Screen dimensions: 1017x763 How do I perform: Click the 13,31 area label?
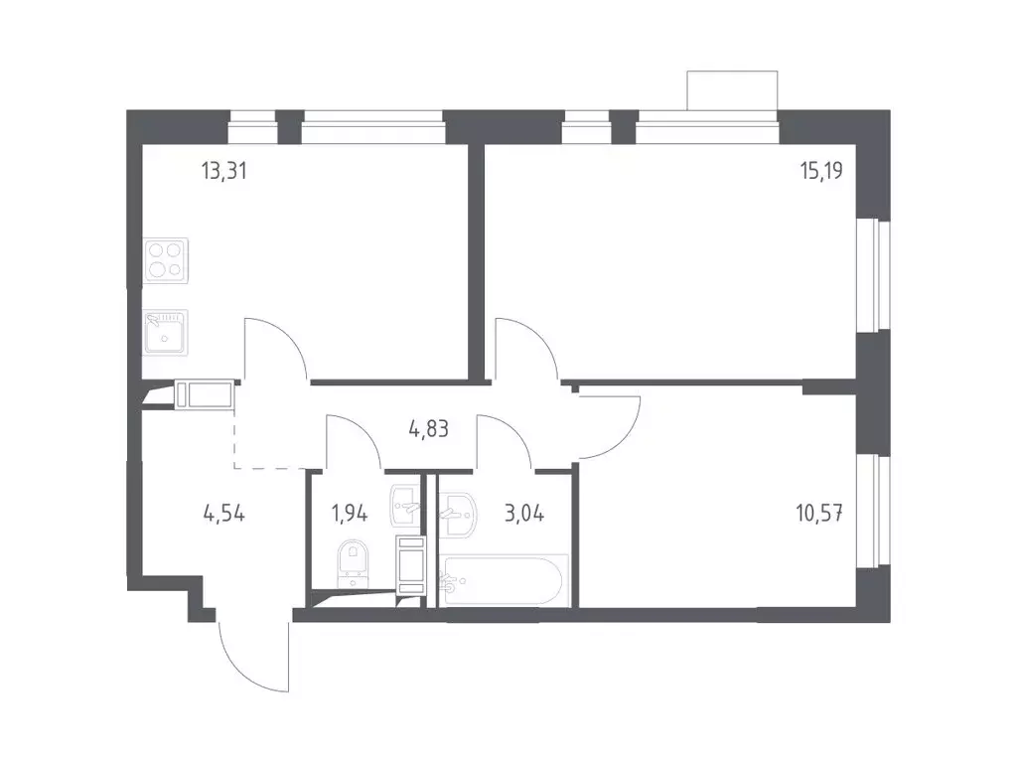[x=223, y=172]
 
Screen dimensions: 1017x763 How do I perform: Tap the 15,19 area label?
[x=821, y=171]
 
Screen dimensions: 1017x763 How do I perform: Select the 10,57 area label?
[x=819, y=514]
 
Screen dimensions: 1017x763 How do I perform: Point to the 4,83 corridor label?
[x=428, y=429]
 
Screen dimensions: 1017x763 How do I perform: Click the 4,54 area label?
[x=223, y=514]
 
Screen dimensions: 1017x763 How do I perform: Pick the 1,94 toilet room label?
[x=350, y=514]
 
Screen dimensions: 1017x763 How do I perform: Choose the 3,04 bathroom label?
[x=524, y=514]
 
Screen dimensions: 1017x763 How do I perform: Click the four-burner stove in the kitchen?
[x=166, y=260]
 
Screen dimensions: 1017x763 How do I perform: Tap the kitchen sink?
[x=166, y=332]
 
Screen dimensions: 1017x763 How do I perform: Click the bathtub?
[x=504, y=580]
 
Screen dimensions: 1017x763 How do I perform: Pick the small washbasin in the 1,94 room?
[x=406, y=506]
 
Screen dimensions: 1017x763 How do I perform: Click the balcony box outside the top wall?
[x=732, y=90]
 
